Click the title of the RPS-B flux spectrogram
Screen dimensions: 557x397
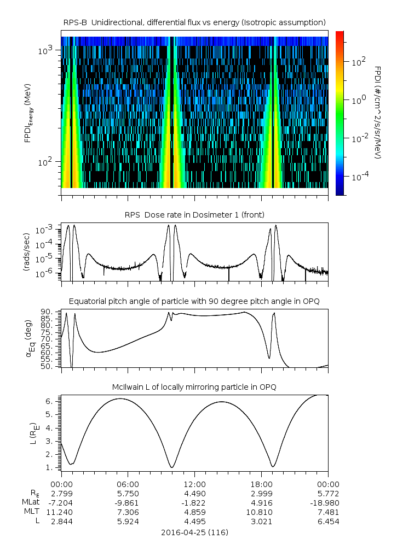194,22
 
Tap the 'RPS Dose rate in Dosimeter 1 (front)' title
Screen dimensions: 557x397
194,214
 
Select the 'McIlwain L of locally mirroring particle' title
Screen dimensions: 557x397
194,387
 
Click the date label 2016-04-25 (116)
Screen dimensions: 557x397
194,532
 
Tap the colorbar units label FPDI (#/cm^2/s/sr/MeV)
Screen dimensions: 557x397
378,113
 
